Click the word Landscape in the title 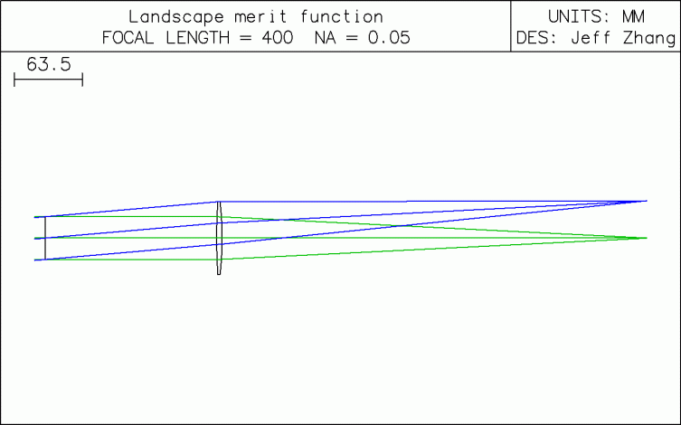(175, 17)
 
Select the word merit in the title (260, 17)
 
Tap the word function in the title (342, 17)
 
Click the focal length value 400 (278, 38)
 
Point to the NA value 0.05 (389, 38)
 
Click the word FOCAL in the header (128, 38)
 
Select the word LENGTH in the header (198, 38)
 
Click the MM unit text (634, 17)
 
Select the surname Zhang (649, 39)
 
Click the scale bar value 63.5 (49, 65)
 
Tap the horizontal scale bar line (48, 80)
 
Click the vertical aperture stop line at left (45, 239)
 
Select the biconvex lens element (219, 238)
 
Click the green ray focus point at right (647, 238)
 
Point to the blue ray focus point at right (647, 201)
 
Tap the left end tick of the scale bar (14, 80)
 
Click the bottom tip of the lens (219, 274)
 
